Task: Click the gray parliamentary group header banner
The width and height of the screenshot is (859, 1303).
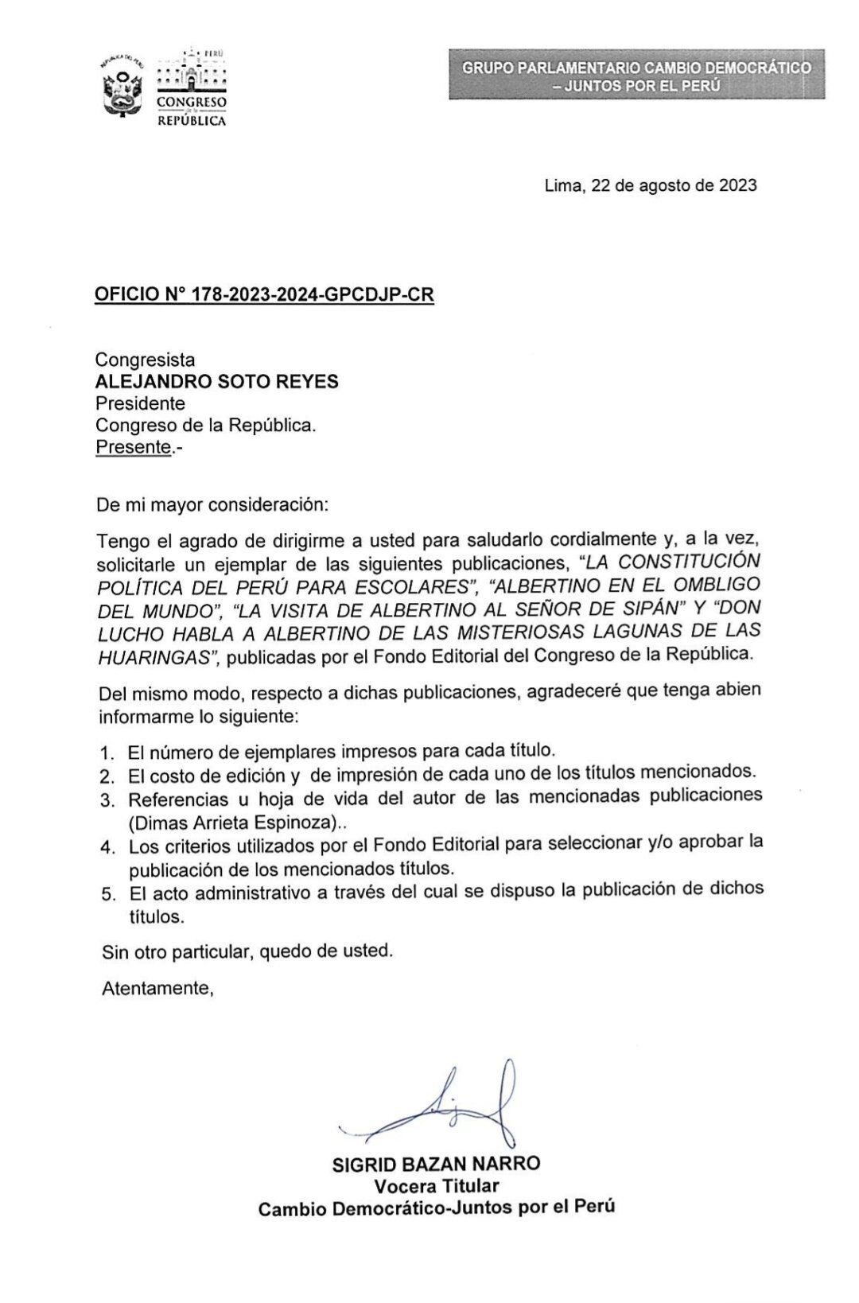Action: pyautogui.click(x=636, y=75)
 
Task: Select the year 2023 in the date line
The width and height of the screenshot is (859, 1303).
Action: pyautogui.click(x=737, y=185)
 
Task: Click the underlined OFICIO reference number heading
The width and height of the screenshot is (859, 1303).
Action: pyautogui.click(x=265, y=294)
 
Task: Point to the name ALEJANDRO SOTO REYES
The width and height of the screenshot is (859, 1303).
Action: pyautogui.click(x=216, y=382)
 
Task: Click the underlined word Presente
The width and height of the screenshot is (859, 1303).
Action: pyautogui.click(x=134, y=447)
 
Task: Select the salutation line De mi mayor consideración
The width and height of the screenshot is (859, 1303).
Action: pyautogui.click(x=211, y=505)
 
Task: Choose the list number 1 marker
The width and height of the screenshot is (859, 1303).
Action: pyautogui.click(x=107, y=752)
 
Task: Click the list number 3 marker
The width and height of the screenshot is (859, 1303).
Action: pyautogui.click(x=107, y=798)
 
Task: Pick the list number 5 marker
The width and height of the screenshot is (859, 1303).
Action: pyautogui.click(x=108, y=893)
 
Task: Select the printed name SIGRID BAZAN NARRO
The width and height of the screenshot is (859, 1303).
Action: pyautogui.click(x=437, y=1164)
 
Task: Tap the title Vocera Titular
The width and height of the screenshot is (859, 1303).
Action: pyautogui.click(x=437, y=1185)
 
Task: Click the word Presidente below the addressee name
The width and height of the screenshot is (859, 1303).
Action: pyautogui.click(x=140, y=403)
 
